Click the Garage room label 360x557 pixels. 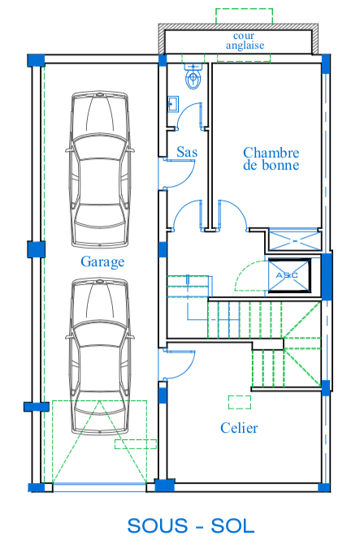(102, 262)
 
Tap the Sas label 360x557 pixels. (187, 152)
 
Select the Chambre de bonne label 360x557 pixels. (271, 159)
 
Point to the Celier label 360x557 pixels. (239, 428)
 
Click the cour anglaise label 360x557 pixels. (245, 41)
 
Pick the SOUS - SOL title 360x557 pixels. (191, 526)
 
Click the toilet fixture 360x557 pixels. (193, 76)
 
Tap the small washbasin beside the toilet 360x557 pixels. (173, 104)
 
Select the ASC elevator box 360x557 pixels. (288, 276)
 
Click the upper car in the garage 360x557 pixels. (100, 169)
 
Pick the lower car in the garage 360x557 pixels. (100, 356)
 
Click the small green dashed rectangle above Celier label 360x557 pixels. (240, 403)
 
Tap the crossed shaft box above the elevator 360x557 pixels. (295, 241)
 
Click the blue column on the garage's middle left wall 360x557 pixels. (37, 249)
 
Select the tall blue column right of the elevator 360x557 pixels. (327, 276)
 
